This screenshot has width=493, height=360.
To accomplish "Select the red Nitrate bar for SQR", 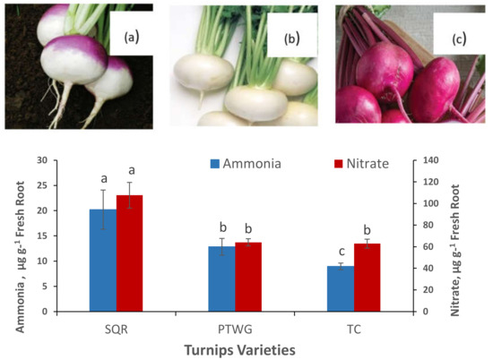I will [130, 254].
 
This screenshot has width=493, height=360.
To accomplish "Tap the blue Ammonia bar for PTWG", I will [221, 279].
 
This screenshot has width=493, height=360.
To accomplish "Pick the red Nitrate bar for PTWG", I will [248, 277].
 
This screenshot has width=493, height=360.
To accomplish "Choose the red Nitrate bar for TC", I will [368, 278].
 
